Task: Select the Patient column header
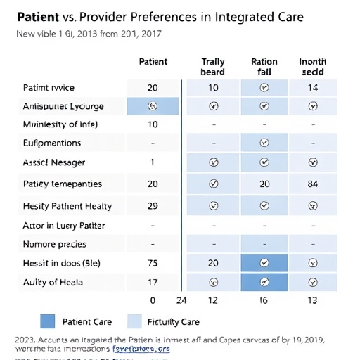point(153,62)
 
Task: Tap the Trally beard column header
point(212,67)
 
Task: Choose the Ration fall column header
point(264,67)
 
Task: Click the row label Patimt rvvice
point(49,88)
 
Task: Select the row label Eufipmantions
point(52,143)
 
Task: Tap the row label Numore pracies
point(55,244)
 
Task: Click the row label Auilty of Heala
point(53,282)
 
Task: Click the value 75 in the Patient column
point(153,263)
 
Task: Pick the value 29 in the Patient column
point(153,206)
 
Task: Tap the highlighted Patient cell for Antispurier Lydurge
point(153,107)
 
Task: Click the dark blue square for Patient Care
point(47,321)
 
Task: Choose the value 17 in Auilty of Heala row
point(153,282)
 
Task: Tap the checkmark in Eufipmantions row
point(264,143)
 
